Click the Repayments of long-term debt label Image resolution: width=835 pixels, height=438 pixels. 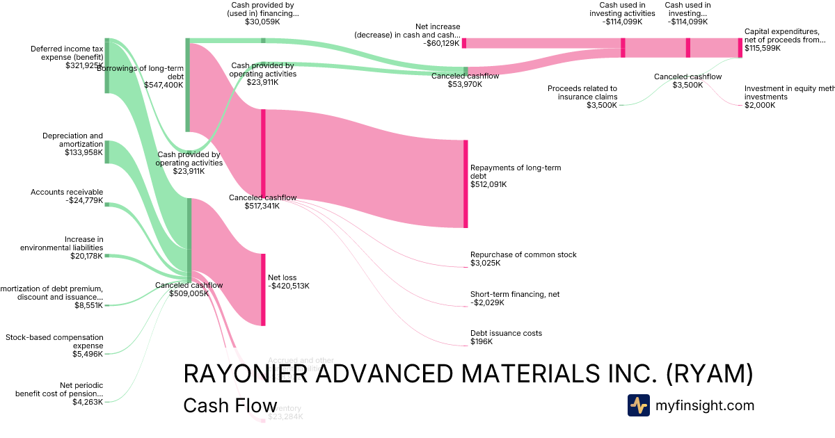(516, 176)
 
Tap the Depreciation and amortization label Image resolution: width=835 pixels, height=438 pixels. (72, 144)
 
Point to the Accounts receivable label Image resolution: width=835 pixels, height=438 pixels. (67, 197)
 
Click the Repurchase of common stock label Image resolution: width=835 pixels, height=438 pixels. (523, 259)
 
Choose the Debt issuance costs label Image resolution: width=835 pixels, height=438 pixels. (506, 337)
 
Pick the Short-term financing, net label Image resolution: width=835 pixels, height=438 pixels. (515, 298)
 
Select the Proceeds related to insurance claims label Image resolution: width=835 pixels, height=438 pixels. (582, 97)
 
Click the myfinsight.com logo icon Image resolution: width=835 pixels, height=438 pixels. (638, 405)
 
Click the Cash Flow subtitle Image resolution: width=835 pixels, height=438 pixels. (230, 406)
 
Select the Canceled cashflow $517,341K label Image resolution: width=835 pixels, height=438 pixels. (263, 202)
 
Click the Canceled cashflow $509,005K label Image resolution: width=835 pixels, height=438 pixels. (189, 289)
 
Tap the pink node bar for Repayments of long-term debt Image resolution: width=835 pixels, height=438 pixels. (466, 184)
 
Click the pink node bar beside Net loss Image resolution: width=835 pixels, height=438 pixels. (263, 289)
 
